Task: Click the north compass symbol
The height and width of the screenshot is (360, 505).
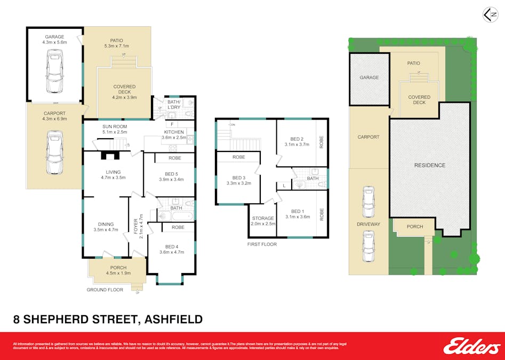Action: point(490,14)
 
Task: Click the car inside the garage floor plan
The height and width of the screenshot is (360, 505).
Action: point(55,71)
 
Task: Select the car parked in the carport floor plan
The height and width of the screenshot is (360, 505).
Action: point(55,153)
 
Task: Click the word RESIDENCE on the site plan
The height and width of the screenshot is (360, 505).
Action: point(429,165)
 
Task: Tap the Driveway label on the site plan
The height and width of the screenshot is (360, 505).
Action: point(368,224)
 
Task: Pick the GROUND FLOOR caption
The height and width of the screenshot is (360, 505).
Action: point(105,290)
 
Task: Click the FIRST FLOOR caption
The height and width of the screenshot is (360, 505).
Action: point(262,244)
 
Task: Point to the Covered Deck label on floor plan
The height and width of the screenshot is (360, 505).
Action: point(124,90)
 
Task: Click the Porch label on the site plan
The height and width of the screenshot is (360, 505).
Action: point(414,227)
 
